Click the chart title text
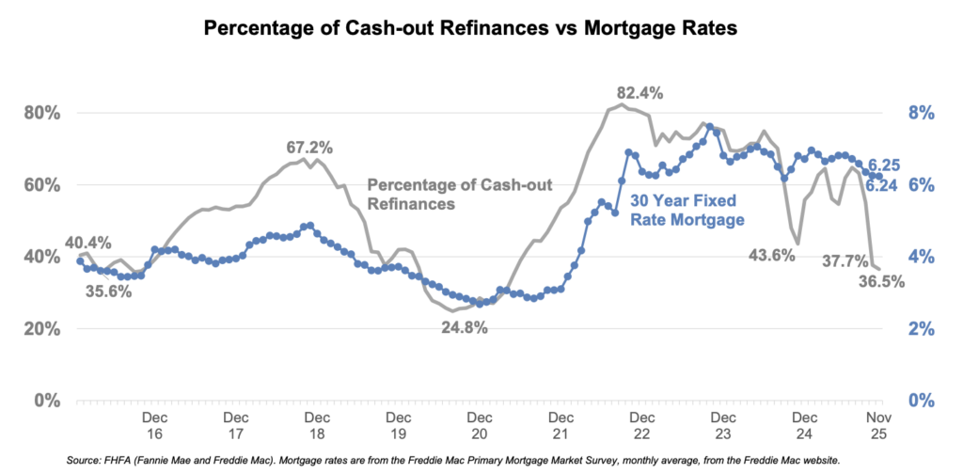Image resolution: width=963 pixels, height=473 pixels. click(481, 28)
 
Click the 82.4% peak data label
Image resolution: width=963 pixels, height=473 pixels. click(639, 93)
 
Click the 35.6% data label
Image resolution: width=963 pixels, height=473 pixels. click(107, 291)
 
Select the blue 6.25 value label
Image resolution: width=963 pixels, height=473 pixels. click(883, 166)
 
